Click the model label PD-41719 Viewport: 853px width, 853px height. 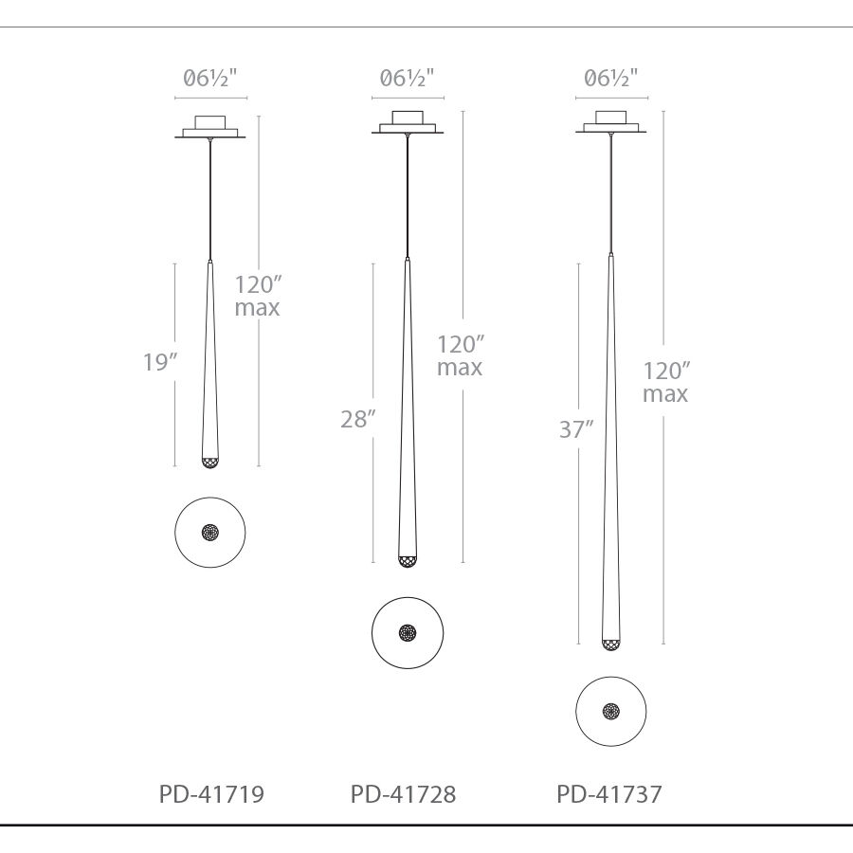pyautogui.click(x=211, y=793)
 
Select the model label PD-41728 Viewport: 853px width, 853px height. pyautogui.click(x=403, y=793)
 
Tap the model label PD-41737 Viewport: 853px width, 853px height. pyautogui.click(x=608, y=793)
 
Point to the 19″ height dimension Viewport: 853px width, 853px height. pyautogui.click(x=160, y=362)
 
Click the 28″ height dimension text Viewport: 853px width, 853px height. pyautogui.click(x=358, y=419)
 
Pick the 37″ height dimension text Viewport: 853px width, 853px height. pyautogui.click(x=576, y=429)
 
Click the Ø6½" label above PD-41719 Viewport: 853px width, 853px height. pyautogui.click(x=210, y=79)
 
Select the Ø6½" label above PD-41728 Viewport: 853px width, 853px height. pyautogui.click(x=407, y=79)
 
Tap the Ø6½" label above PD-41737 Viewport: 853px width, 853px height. pyautogui.click(x=611, y=79)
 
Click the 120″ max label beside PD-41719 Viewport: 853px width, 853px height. pyautogui.click(x=257, y=296)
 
